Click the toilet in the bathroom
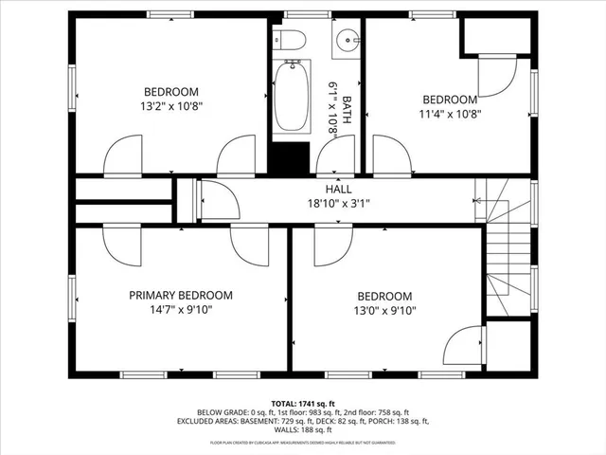[290, 40]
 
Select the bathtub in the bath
[292, 96]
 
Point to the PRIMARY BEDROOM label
[180, 296]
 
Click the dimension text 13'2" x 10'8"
[170, 106]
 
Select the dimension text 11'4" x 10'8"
[449, 115]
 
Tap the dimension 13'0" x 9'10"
[384, 310]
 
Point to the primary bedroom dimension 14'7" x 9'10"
[180, 310]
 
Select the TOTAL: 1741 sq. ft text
[302, 402]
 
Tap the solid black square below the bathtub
[292, 157]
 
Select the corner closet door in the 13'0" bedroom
[464, 346]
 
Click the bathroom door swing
[341, 155]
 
